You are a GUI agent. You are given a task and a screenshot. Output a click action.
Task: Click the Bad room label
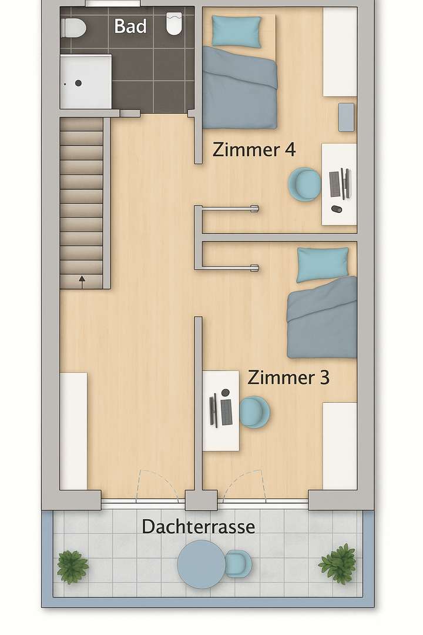tap(130, 26)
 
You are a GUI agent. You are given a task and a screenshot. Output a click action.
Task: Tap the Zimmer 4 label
tap(254, 149)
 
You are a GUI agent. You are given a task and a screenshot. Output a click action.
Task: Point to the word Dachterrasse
tap(199, 527)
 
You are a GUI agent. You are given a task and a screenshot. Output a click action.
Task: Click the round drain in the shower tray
tap(78, 83)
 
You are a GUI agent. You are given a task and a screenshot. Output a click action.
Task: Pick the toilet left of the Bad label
tap(73, 27)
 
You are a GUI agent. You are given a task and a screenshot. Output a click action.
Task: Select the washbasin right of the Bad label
tap(175, 24)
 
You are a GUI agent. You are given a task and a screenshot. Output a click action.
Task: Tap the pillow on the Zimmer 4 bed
tap(237, 31)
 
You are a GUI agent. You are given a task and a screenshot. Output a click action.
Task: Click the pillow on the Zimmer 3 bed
tap(323, 264)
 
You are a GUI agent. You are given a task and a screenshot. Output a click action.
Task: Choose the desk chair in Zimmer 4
tap(304, 184)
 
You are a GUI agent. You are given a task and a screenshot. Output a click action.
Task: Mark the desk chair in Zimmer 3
tap(255, 411)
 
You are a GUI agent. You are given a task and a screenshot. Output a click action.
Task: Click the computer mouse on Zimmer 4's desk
tap(336, 209)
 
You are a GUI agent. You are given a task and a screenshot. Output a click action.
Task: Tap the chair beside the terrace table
tap(238, 564)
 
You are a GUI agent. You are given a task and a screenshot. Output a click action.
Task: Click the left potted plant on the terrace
tap(73, 567)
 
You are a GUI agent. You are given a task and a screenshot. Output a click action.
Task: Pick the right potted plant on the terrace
tap(338, 563)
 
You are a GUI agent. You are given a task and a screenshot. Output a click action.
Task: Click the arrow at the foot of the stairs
tap(82, 280)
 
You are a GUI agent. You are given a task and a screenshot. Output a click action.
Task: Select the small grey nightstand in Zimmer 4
tap(347, 117)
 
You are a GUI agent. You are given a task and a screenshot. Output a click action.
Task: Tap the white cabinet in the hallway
tap(73, 430)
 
